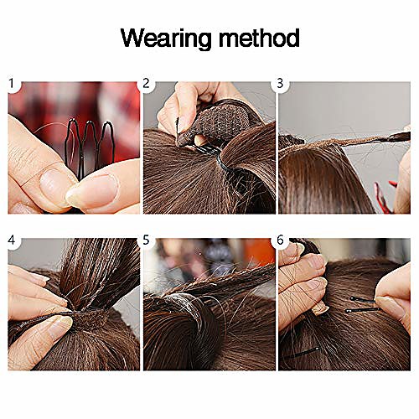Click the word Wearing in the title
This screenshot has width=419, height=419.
click(166, 39)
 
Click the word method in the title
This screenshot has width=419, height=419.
click(259, 38)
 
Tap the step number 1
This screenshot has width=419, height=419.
click(12, 83)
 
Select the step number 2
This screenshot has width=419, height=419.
click(146, 83)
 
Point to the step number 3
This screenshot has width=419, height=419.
click(280, 83)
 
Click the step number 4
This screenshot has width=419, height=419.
click(12, 240)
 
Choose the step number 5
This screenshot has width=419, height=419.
click(146, 240)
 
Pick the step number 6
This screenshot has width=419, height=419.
click(280, 240)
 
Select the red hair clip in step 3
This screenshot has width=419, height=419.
click(385, 197)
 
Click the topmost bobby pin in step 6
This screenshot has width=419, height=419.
click(364, 300)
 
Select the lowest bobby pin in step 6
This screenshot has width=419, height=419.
click(303, 353)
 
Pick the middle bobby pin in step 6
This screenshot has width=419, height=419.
click(363, 310)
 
